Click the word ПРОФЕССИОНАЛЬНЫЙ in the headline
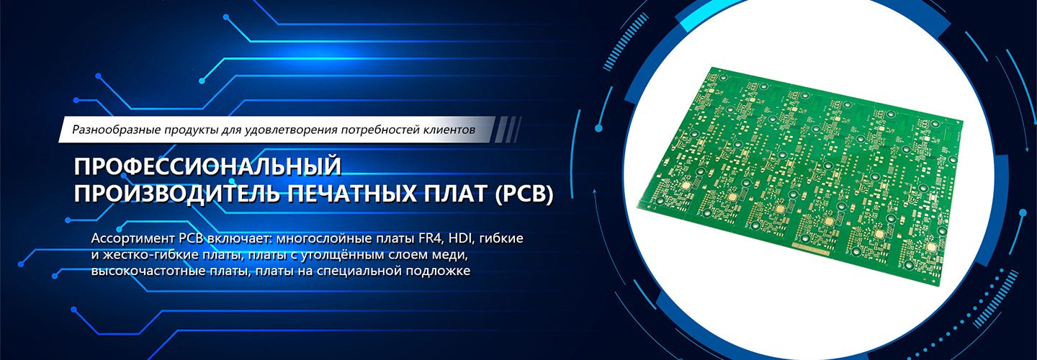(x=207, y=166)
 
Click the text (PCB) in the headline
(x=524, y=194)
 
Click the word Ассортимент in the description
(x=133, y=239)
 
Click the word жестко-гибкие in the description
(x=150, y=254)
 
